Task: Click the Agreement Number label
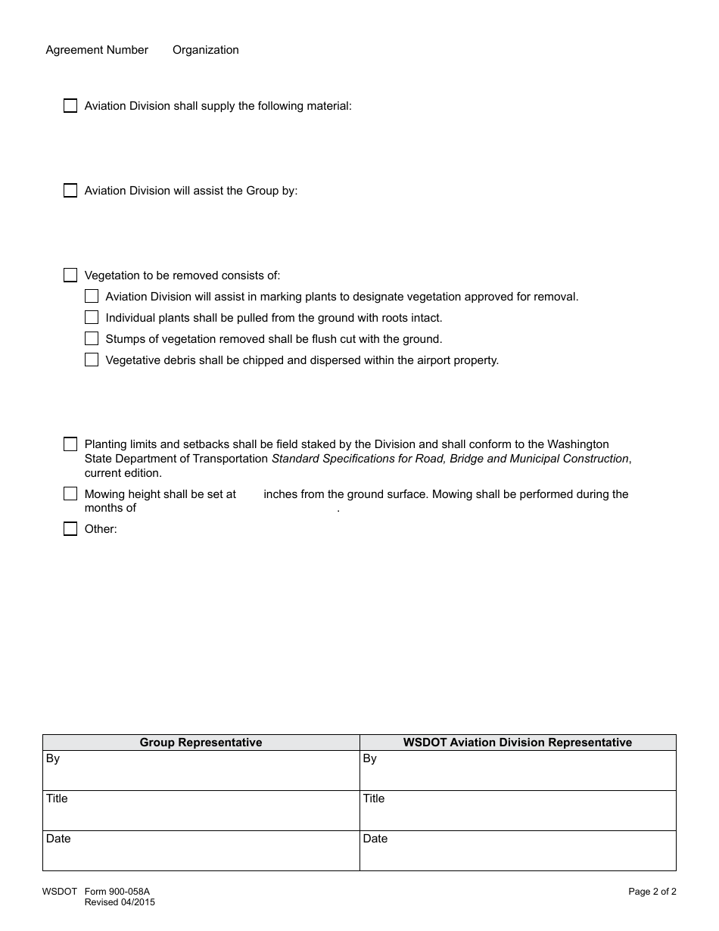(97, 50)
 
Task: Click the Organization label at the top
(205, 50)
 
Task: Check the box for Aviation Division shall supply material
(70, 106)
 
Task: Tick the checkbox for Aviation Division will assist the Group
(70, 191)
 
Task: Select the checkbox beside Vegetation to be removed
(70, 275)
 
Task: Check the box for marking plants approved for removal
(92, 296)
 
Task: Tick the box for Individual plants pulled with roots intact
(92, 317)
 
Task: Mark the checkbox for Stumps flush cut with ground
(92, 338)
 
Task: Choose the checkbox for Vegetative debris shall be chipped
(92, 360)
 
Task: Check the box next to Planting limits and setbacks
(70, 444)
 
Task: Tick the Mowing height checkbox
(70, 494)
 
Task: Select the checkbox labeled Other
(70, 529)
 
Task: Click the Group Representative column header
(201, 743)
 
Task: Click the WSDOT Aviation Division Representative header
(517, 743)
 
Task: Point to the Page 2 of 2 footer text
(652, 892)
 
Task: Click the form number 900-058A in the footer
(117, 892)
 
